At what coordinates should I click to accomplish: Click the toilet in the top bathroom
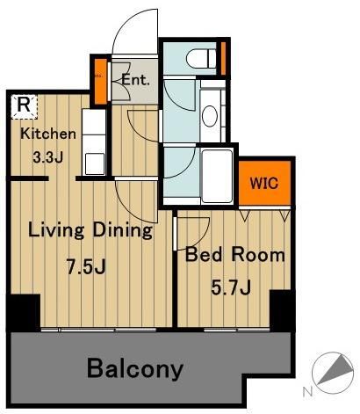[201, 58]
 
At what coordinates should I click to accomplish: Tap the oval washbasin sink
[210, 116]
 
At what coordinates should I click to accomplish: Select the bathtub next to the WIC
[218, 176]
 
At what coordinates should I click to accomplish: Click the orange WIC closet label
[264, 184]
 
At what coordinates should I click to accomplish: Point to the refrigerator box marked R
[24, 106]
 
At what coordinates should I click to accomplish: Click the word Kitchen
[48, 134]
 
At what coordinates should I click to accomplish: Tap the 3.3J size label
[47, 157]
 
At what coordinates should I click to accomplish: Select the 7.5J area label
[86, 266]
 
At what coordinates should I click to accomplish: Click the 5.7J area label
[231, 287]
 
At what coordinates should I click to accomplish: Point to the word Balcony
[135, 368]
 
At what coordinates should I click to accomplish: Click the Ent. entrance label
[136, 80]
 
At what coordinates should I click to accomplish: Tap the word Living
[56, 231]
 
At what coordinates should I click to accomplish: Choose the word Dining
[123, 231]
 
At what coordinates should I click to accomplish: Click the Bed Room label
[235, 254]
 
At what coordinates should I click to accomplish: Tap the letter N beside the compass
[307, 392]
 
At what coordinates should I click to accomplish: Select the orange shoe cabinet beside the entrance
[101, 82]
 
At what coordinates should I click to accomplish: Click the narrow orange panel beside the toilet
[223, 58]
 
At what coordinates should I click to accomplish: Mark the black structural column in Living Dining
[24, 313]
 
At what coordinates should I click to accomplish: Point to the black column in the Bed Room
[282, 310]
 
